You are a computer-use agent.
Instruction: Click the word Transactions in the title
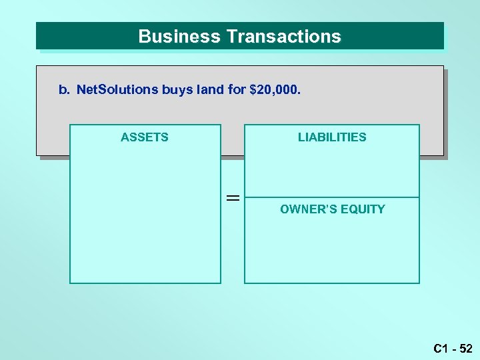(x=284, y=37)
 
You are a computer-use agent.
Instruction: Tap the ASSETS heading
(x=145, y=137)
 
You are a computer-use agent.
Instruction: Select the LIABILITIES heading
(x=332, y=137)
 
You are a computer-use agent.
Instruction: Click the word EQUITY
(x=363, y=209)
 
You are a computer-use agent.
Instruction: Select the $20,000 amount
(x=275, y=89)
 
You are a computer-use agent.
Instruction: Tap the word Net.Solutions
(x=117, y=89)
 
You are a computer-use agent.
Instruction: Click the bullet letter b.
(x=63, y=89)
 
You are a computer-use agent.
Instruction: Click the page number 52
(x=466, y=348)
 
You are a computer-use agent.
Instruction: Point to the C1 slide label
(x=440, y=348)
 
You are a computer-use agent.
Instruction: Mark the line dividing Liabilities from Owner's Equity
(x=332, y=197)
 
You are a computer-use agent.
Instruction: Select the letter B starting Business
(x=143, y=37)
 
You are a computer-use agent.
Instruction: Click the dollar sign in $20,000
(x=252, y=89)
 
